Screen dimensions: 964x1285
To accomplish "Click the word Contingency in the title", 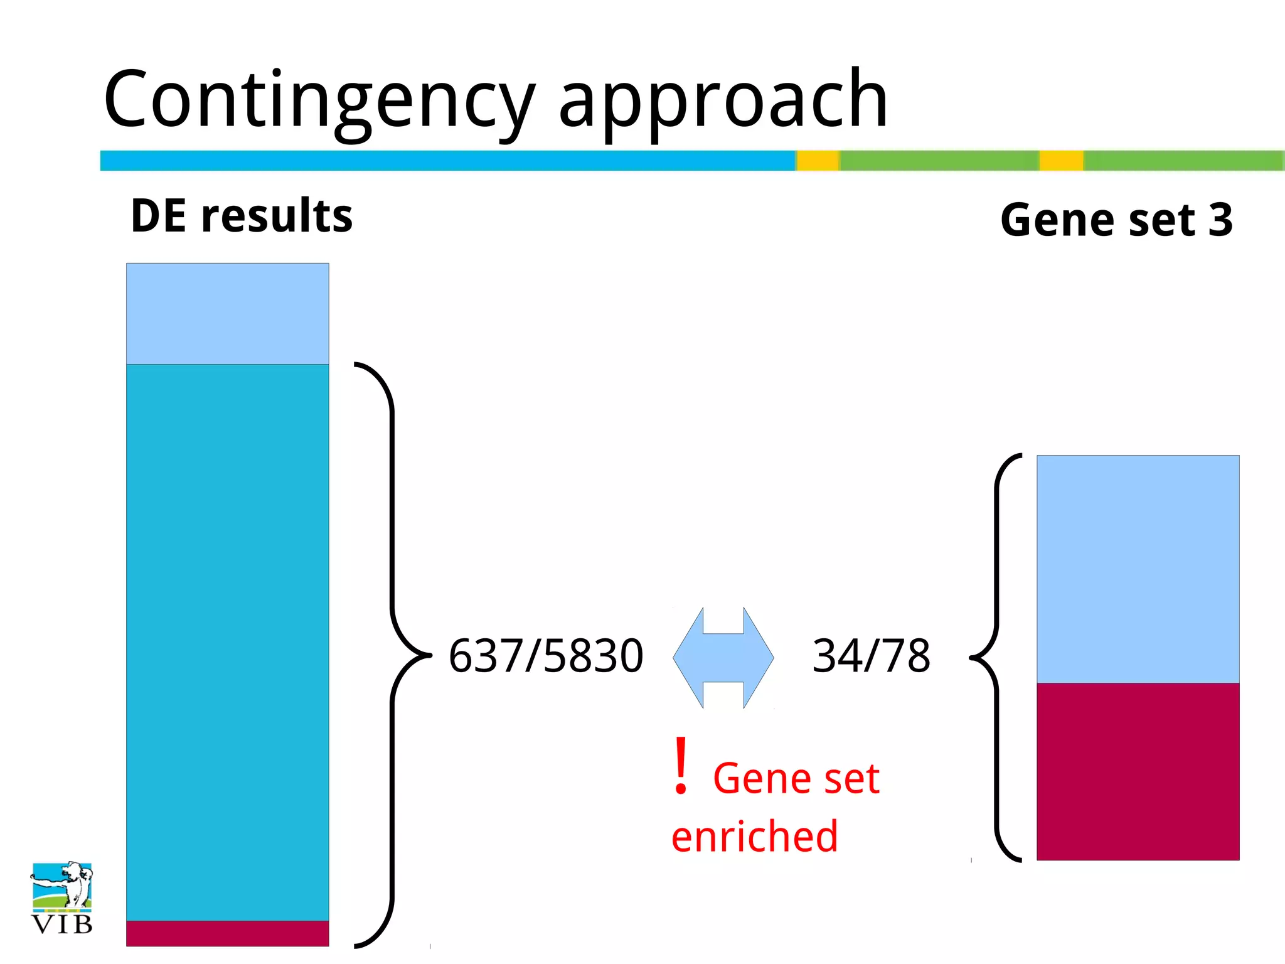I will click(319, 100).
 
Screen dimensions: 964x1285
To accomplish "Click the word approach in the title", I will click(723, 100).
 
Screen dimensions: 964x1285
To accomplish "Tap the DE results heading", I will click(242, 216).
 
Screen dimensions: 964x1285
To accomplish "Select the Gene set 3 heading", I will click(1116, 220).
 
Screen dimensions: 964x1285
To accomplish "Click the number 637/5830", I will click(546, 656).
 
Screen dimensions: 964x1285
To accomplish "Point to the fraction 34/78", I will click(871, 656).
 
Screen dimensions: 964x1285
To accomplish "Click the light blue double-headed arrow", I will click(723, 658).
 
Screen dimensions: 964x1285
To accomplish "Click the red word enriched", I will click(754, 837).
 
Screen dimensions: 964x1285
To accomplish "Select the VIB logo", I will click(61, 898).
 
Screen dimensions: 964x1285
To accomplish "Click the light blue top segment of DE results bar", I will click(227, 314).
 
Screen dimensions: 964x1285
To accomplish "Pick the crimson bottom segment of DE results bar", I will click(227, 933).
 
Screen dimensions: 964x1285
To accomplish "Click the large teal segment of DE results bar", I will click(227, 640).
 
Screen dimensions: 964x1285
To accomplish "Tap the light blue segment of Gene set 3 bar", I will click(1138, 569).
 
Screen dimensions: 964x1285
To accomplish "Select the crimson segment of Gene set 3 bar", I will click(1138, 771).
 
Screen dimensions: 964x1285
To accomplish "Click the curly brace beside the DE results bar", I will click(393, 655).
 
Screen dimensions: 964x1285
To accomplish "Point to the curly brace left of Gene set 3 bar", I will click(997, 657).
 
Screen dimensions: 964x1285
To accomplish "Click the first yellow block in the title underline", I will click(818, 161).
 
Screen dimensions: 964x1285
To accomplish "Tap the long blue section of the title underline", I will click(447, 161).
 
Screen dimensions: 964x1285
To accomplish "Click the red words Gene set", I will click(796, 779).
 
